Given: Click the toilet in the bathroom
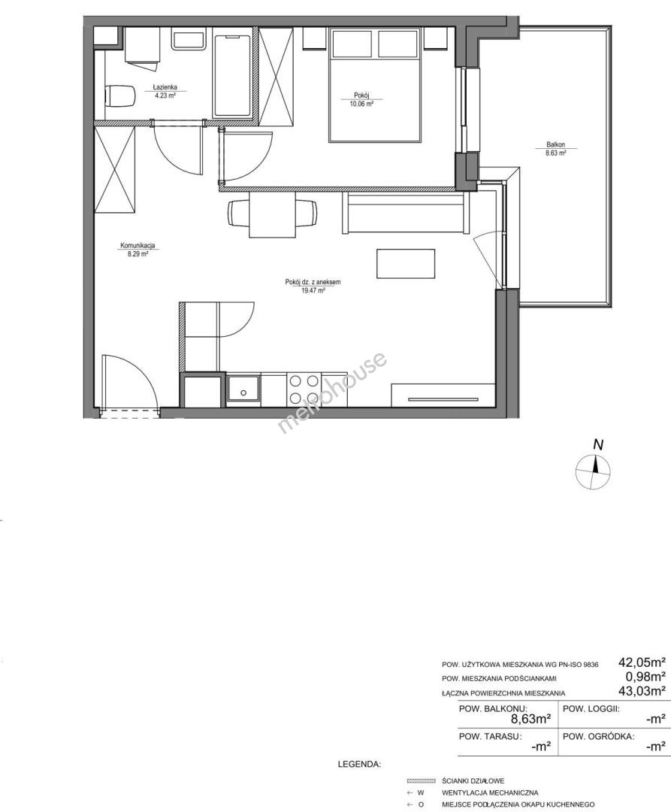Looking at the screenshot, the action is (x=119, y=95).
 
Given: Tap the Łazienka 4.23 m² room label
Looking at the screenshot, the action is (x=165, y=91).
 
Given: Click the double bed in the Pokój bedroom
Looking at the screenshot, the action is (x=375, y=84).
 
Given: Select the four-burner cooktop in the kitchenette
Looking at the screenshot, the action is (x=304, y=390).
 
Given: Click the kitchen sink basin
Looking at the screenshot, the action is (x=243, y=390).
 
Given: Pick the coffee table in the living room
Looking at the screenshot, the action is (x=406, y=264).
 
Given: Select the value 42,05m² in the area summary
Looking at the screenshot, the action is (x=642, y=662).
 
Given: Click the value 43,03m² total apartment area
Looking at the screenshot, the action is (x=642, y=690).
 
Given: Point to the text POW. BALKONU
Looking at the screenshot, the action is (x=494, y=709).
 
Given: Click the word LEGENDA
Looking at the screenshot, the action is (x=359, y=764).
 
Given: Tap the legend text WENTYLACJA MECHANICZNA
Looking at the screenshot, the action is (x=490, y=792).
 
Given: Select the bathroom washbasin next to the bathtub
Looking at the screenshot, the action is (x=189, y=40).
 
